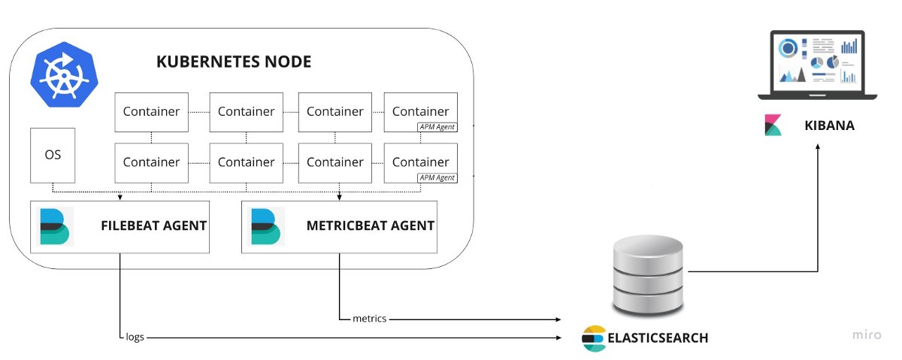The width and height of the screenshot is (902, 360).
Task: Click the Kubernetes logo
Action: [64, 74]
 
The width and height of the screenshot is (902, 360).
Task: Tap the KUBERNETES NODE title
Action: [234, 62]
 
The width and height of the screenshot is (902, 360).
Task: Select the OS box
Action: [53, 155]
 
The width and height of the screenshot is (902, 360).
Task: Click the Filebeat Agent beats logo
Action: [55, 227]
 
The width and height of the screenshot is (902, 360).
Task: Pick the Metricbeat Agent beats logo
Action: [266, 227]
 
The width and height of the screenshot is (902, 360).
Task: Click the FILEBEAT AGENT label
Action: [154, 225]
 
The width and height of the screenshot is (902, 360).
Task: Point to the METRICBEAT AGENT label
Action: [371, 225]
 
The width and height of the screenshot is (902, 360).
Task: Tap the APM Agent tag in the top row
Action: [437, 127]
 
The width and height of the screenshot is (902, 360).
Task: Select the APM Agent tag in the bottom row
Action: [437, 177]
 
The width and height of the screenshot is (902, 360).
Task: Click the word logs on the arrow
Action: [135, 337]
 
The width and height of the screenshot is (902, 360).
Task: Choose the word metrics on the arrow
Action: [369, 319]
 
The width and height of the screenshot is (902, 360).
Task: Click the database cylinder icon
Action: [647, 275]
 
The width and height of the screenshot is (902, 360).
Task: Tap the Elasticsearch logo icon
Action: [594, 338]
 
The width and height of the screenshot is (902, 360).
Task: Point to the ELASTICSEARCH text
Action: [658, 338]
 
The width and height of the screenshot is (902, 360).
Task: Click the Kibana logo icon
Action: [773, 126]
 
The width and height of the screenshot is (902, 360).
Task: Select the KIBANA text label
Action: [830, 126]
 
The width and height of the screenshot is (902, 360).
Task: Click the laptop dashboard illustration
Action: [818, 65]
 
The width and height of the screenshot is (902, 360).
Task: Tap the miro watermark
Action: [867, 334]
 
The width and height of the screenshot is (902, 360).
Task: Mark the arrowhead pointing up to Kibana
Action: [818, 147]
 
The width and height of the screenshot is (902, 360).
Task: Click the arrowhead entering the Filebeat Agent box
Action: [120, 198]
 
